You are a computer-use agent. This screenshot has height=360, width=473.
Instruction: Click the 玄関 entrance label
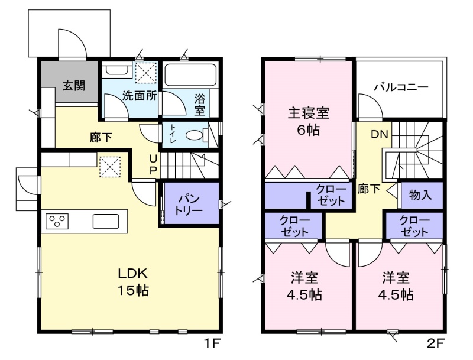[74, 86]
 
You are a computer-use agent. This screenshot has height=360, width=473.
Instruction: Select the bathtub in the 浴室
[190, 74]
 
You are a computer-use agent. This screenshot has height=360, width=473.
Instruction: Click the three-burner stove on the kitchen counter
[57, 221]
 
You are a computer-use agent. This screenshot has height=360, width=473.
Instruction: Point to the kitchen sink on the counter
[106, 221]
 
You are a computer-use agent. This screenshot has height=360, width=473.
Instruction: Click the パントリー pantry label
[189, 205]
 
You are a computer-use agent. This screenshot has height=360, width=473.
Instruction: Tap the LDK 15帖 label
[132, 283]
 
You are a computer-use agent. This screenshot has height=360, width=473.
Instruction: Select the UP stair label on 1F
[153, 164]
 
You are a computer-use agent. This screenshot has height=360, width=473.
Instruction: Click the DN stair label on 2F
[379, 134]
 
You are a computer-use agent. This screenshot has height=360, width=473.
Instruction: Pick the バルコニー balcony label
[401, 87]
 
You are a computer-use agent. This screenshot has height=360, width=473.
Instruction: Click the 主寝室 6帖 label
[308, 121]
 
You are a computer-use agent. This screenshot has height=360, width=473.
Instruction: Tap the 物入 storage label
[420, 195]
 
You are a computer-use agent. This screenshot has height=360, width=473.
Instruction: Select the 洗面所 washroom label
[140, 96]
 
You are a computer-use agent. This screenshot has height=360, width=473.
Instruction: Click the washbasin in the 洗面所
[116, 70]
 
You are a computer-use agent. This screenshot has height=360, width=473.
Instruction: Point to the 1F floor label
[213, 343]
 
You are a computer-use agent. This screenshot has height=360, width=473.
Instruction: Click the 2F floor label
[436, 343]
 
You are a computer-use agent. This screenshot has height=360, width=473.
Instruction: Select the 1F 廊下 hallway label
[101, 138]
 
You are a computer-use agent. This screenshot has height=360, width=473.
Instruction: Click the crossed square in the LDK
[110, 167]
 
